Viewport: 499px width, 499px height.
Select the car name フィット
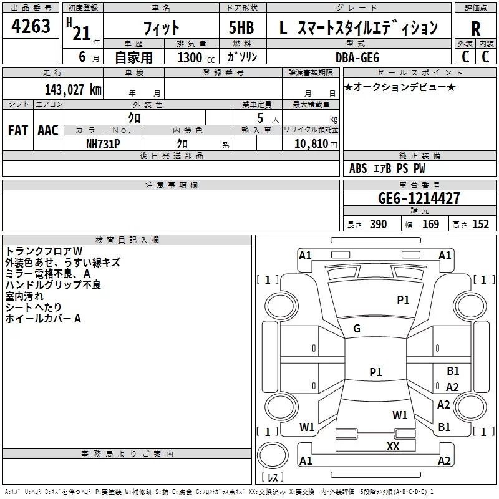coord(162,28)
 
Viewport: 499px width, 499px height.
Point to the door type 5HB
coord(242,28)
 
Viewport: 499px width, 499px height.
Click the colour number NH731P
coord(104,143)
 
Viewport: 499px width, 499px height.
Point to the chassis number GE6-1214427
coord(419,198)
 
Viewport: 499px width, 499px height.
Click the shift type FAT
coord(17,130)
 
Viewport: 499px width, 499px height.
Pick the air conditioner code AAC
coord(48,130)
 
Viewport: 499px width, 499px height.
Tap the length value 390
coord(378,225)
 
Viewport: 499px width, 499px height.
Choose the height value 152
coord(480,225)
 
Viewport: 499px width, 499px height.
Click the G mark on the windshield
coord(357,329)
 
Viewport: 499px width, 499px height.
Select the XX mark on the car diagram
coord(393,446)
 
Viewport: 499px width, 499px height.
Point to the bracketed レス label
coord(272,478)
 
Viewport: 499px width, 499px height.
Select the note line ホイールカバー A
coord(43,319)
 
